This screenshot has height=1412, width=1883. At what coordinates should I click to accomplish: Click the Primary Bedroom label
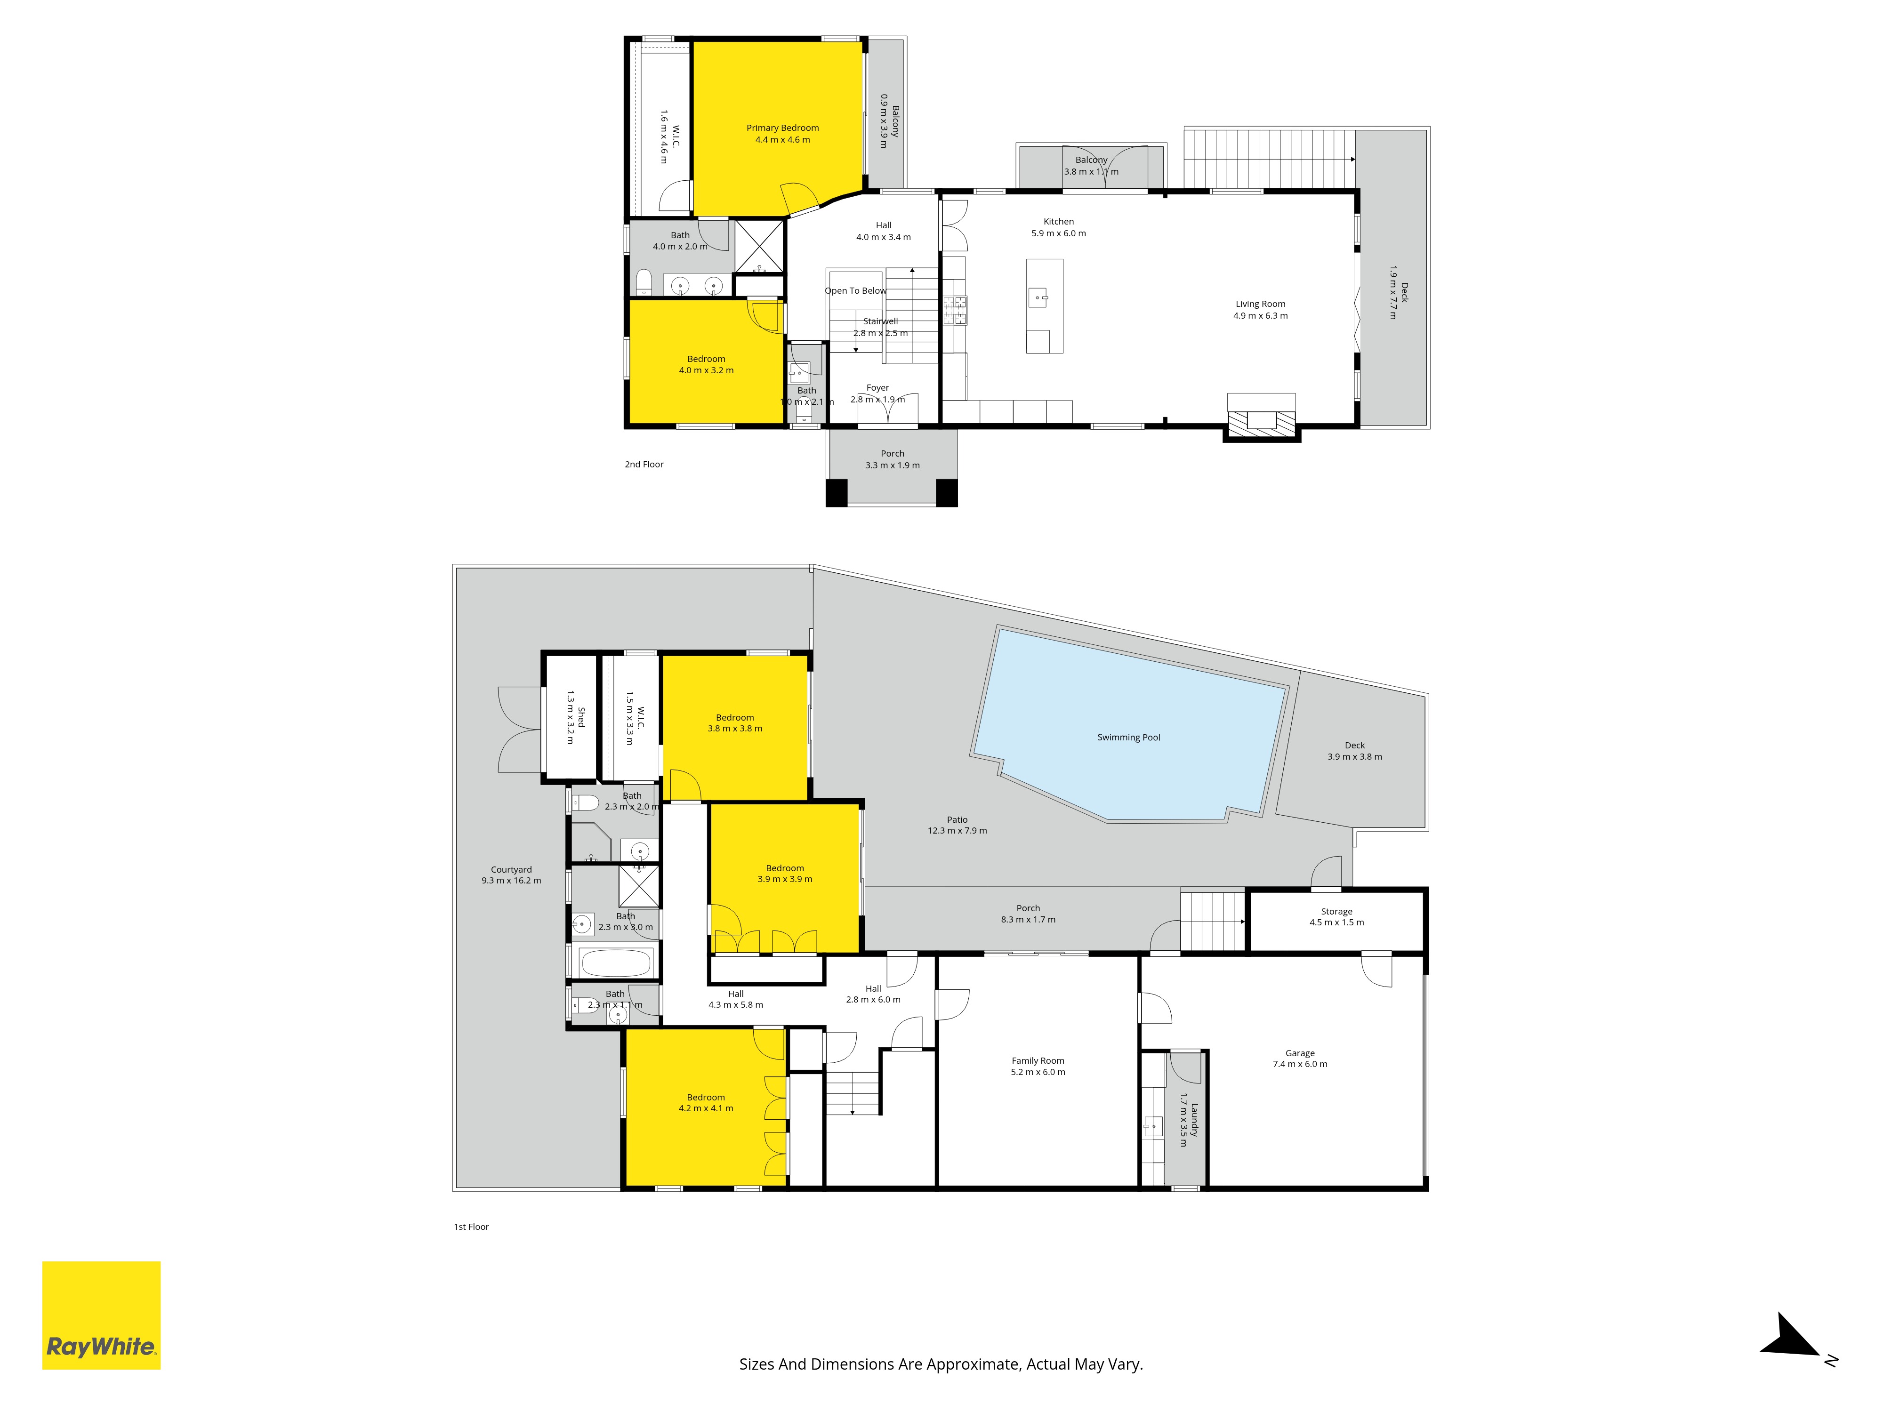[x=782, y=128]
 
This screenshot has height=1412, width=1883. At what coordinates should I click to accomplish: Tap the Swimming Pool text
[x=1129, y=737]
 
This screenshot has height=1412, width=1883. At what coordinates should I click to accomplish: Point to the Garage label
[x=1300, y=1053]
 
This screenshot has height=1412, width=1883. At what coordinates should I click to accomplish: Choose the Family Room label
[x=1038, y=1060]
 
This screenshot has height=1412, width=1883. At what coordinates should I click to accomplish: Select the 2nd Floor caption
[x=644, y=464]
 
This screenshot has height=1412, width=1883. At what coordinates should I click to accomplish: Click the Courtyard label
[x=511, y=870]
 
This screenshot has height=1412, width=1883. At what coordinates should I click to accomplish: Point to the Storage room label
[x=1336, y=912]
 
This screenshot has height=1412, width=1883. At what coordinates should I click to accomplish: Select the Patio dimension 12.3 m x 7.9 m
[x=957, y=831]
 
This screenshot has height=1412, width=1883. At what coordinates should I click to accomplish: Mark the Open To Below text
[x=855, y=291]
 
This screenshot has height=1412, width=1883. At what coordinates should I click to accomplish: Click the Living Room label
[x=1261, y=304]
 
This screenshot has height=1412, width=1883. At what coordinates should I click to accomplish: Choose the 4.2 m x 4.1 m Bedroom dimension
[x=706, y=1108]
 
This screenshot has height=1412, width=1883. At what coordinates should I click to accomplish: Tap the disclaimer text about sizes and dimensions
[x=941, y=1364]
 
